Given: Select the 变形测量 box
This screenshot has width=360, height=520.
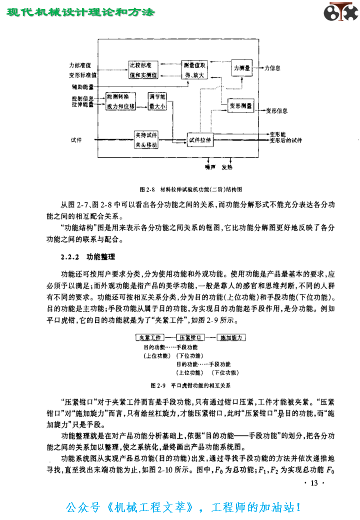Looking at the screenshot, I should pyautogui.click(x=241, y=106).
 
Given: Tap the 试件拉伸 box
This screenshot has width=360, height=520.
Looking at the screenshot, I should pyautogui.click(x=200, y=140).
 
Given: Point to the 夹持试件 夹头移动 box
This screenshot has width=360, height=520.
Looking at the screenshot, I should pyautogui.click(x=146, y=140).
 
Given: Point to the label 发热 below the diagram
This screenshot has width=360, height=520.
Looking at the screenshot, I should pyautogui.click(x=226, y=167).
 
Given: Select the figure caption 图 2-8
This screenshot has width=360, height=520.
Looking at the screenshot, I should pyautogui.click(x=191, y=189).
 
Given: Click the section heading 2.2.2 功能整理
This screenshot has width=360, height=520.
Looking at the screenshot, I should pyautogui.click(x=88, y=257).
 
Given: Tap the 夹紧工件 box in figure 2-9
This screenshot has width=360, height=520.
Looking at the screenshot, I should pyautogui.click(x=147, y=338).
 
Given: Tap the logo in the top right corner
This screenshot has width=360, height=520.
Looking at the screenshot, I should pyautogui.click(x=340, y=12).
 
